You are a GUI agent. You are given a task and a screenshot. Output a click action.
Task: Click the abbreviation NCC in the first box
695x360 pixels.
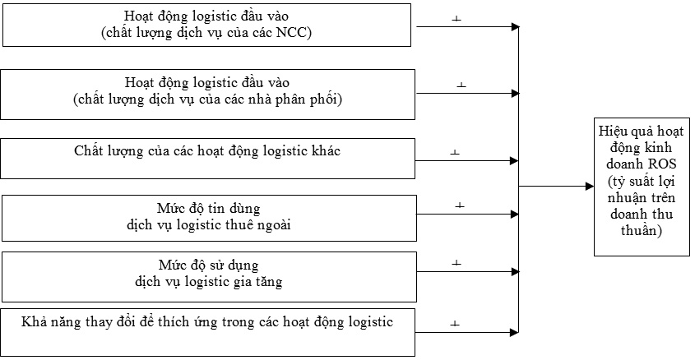[x=292, y=33]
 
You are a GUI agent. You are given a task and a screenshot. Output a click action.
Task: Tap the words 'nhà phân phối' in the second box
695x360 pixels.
[x=299, y=99]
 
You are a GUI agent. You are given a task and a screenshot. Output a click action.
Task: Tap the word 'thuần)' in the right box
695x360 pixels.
[x=642, y=230]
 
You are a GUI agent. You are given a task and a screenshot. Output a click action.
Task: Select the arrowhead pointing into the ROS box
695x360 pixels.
[x=590, y=187]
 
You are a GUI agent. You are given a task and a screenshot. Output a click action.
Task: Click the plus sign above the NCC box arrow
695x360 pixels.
[x=456, y=19]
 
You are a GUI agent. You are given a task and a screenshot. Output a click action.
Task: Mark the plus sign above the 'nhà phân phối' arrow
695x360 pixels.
[x=461, y=85]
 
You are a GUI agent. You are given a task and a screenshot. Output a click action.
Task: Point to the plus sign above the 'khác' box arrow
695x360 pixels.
[x=455, y=152]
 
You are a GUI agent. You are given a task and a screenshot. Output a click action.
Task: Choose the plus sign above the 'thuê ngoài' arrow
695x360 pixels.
[x=460, y=205]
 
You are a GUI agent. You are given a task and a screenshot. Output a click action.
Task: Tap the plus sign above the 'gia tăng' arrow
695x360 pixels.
[x=456, y=263]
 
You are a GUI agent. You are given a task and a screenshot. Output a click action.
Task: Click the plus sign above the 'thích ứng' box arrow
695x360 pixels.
[x=455, y=324]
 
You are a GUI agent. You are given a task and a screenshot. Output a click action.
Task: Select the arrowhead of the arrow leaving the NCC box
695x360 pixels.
[x=515, y=26]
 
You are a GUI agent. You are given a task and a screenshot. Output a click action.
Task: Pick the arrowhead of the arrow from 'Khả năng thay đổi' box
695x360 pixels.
[x=514, y=332]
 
